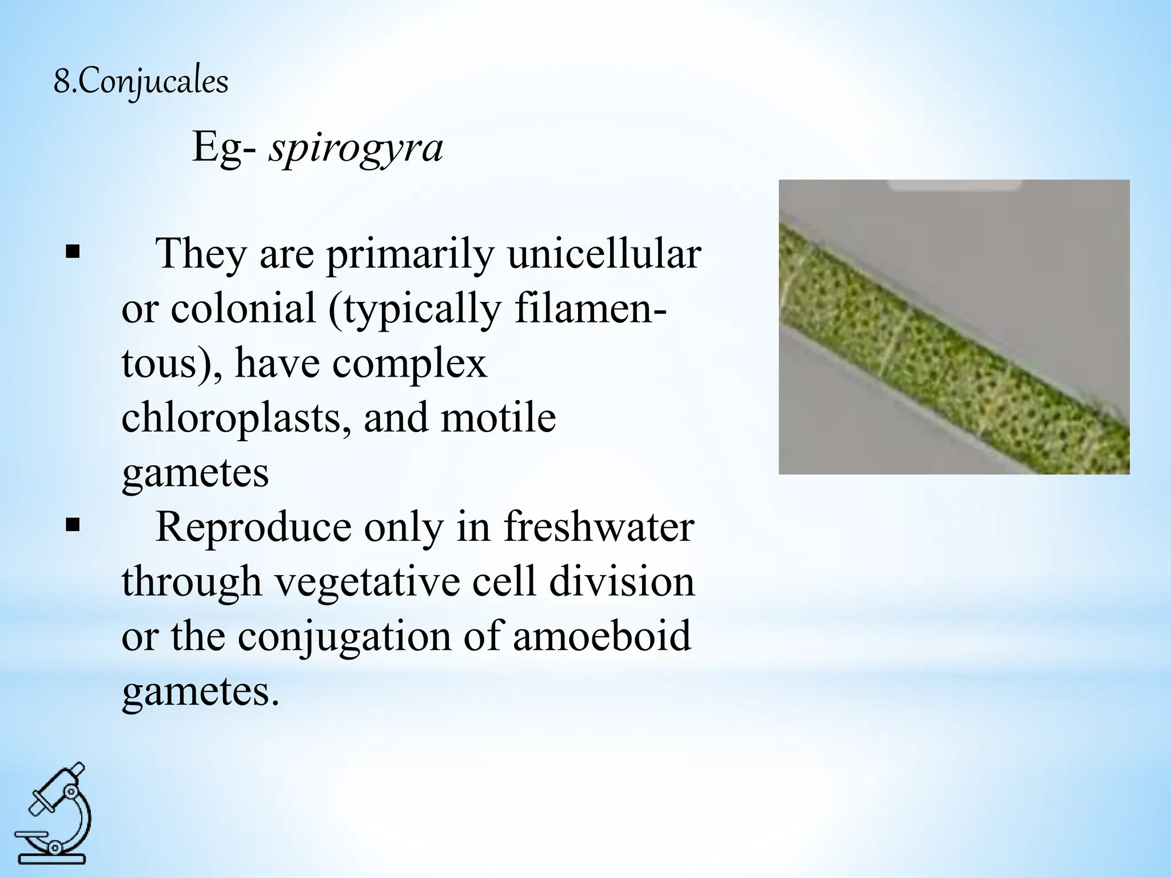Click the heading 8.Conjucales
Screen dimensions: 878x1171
click(141, 82)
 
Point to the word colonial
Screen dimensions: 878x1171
click(244, 309)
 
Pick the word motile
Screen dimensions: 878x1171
click(499, 417)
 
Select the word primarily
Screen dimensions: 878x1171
click(409, 255)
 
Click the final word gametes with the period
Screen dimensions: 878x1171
click(200, 692)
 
